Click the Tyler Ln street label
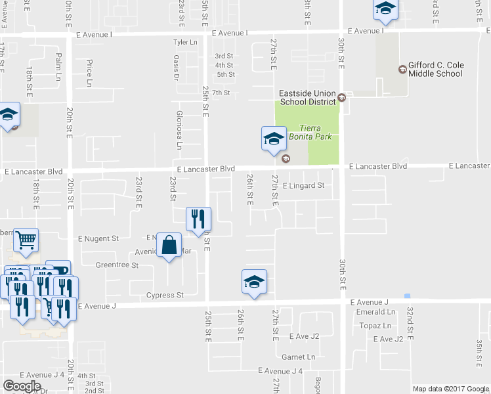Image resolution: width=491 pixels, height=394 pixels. tap(184, 43)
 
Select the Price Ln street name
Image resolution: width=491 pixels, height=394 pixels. tap(90, 73)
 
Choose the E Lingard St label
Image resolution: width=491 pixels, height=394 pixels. tap(303, 186)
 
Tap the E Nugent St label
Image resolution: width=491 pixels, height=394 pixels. tap(98, 238)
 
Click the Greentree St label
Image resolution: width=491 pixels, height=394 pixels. tap(117, 265)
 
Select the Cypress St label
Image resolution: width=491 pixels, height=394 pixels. tap(165, 295)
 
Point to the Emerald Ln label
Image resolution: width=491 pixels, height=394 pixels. tap(376, 312)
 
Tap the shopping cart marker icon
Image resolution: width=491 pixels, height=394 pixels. tap(25, 241)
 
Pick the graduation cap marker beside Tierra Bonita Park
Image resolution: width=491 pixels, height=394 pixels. tap(274, 139)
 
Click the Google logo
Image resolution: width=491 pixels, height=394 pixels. tap(22, 386)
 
